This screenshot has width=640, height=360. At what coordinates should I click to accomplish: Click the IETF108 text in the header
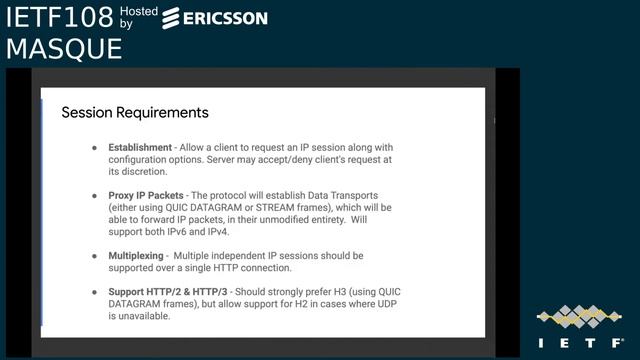tap(57, 17)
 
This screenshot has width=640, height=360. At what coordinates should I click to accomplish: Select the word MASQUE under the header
tap(63, 48)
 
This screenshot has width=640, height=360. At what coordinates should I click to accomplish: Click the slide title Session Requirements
tap(135, 112)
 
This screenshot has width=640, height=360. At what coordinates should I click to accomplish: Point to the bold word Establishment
tap(140, 146)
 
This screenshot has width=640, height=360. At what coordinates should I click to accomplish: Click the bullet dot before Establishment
tap(95, 146)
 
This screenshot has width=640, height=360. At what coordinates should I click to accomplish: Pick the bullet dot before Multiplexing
tap(95, 256)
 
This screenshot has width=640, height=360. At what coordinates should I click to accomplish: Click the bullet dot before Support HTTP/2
tap(95, 291)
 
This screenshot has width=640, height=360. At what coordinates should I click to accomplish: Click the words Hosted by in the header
tap(138, 16)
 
